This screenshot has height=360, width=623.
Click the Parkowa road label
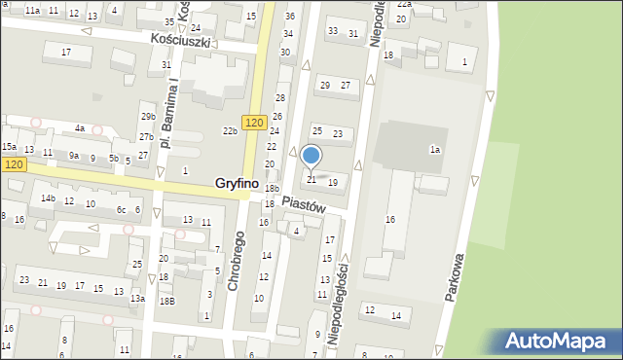tap(460, 278)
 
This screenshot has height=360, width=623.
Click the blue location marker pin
tap(311, 157)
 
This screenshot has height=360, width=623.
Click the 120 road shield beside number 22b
tap(254, 122)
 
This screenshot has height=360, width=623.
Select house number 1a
tap(436, 149)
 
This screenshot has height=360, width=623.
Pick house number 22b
tap(230, 130)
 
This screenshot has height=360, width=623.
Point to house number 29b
tap(147, 117)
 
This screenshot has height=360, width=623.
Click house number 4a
tap(80, 127)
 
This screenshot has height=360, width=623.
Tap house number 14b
tap(48, 198)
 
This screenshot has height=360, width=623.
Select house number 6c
tap(122, 209)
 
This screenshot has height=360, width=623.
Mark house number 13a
tap(138, 299)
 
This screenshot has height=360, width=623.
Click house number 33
tap(333, 31)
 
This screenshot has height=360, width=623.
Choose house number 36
tap(289, 17)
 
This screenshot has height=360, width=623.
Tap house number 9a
tap(73, 155)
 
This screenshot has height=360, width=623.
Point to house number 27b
tap(144, 137)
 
